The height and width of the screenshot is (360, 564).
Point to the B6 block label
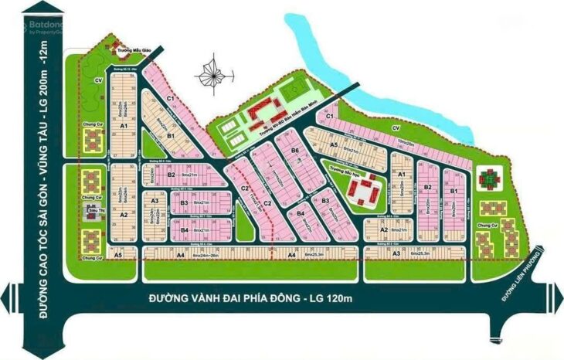[x=294, y=150]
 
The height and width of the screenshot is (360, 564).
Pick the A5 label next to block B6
[x=333, y=144]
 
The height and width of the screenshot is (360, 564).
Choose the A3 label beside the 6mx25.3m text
[x=395, y=253]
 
